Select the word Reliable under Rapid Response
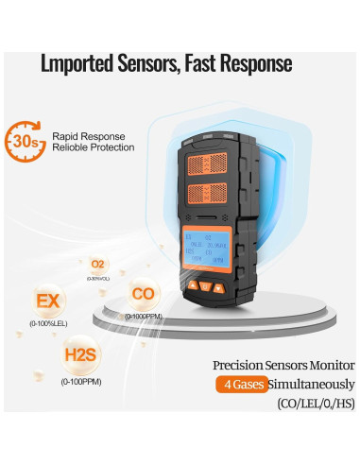pos(73,148)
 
